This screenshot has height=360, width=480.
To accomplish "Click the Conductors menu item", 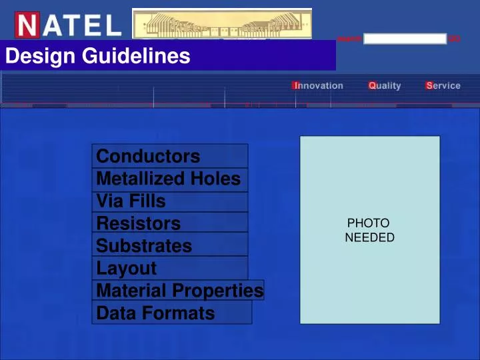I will (148, 157).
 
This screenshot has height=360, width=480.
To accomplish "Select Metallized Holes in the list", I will (168, 179).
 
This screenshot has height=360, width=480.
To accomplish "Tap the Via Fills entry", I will (131, 201).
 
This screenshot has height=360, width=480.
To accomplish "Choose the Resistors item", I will (139, 223).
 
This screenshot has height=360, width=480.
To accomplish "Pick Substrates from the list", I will (144, 246).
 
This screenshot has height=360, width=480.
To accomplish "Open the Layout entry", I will (127, 269).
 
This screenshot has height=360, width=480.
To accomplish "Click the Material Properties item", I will (180, 291).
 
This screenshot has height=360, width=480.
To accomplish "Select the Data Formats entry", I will (155, 313).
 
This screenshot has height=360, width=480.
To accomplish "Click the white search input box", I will (405, 39).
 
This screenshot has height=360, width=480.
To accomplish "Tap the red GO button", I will (454, 39).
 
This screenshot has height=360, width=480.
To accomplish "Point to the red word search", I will (349, 39).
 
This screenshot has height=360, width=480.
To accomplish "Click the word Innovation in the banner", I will (318, 85).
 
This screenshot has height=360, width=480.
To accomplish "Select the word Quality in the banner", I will (385, 85).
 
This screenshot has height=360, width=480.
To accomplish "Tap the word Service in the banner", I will (443, 85).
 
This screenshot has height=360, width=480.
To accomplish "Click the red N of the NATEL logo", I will (27, 25).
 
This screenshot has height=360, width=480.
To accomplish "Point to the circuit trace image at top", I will (222, 23).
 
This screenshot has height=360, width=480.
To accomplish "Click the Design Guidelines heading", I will (97, 57).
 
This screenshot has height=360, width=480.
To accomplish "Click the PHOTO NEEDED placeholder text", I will (369, 230).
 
